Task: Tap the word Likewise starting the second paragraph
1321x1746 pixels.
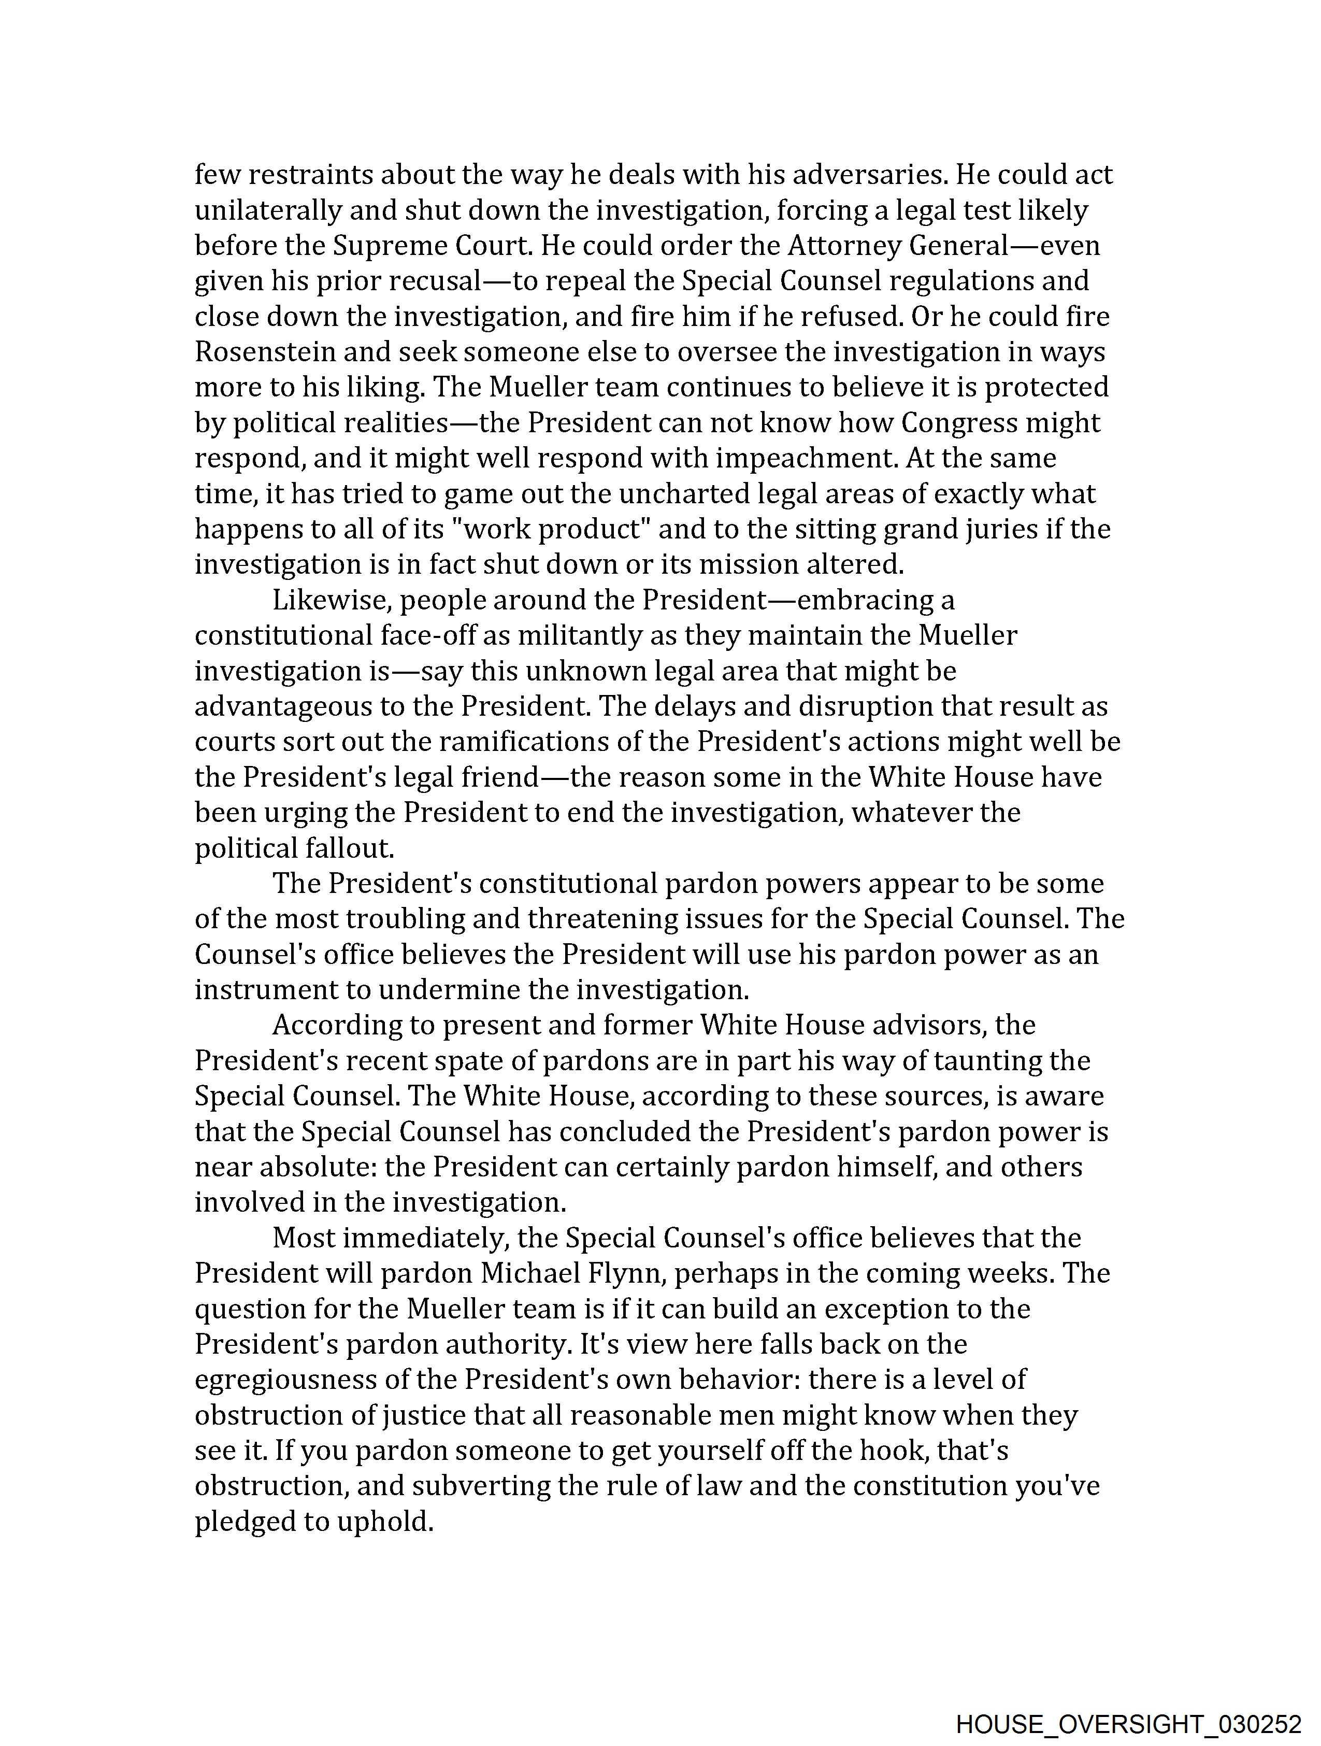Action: point(332,601)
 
